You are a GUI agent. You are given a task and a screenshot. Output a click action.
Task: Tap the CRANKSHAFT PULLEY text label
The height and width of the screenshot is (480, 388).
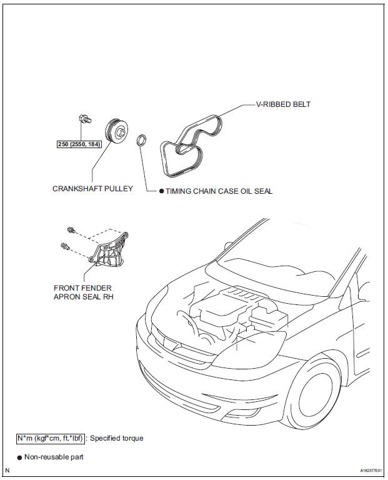92,188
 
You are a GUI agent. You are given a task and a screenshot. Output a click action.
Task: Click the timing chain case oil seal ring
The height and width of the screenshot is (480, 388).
142,139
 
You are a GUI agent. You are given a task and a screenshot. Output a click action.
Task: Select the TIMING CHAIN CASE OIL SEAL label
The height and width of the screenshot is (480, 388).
219,191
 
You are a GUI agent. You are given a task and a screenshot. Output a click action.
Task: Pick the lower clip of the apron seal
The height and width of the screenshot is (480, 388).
65,246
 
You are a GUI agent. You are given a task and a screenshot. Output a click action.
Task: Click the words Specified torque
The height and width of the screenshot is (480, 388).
117,438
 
